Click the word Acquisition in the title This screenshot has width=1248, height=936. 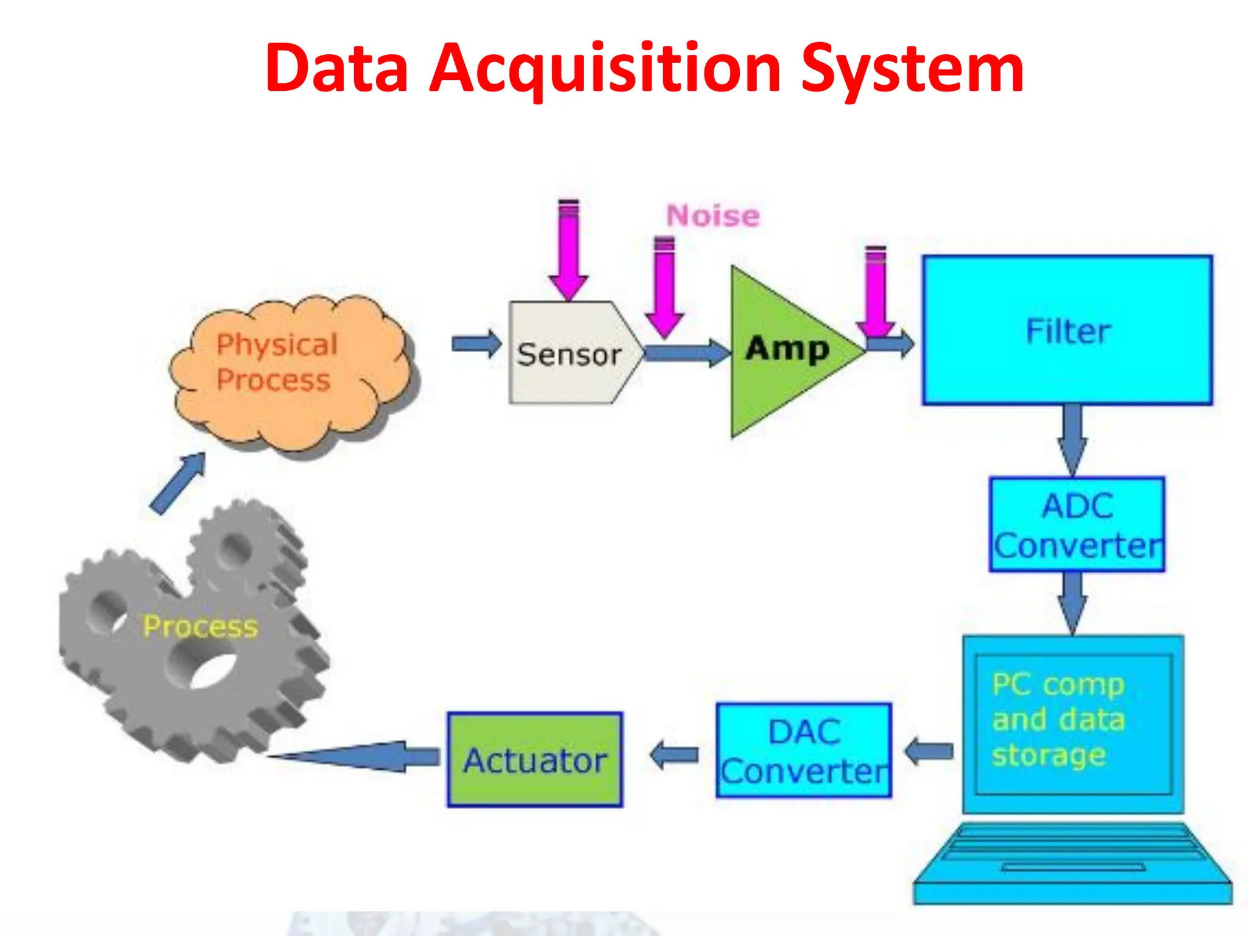(x=605, y=68)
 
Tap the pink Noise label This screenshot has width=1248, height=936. (x=712, y=216)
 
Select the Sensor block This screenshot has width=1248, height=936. (x=570, y=353)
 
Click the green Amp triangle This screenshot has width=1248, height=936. (x=786, y=350)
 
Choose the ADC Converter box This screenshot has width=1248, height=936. (x=1077, y=525)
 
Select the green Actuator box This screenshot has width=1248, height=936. (x=535, y=760)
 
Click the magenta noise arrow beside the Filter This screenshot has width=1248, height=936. (x=876, y=292)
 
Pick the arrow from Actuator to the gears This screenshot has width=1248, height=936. (x=360, y=757)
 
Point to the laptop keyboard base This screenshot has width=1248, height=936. (x=1072, y=865)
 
